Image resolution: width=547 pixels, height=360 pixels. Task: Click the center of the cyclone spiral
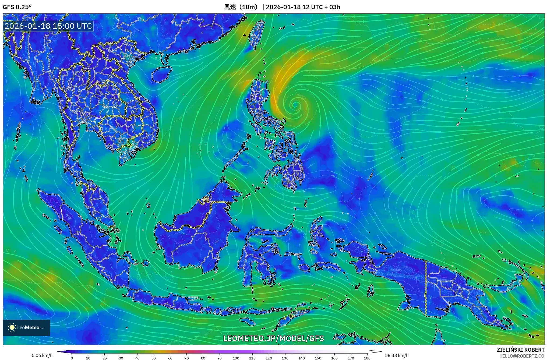click(x=295, y=105)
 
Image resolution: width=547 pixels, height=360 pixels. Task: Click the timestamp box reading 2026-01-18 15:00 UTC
click(x=48, y=26)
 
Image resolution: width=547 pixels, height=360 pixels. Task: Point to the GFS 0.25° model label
click(x=17, y=7)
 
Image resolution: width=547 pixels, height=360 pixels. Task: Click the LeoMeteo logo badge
click(x=26, y=327)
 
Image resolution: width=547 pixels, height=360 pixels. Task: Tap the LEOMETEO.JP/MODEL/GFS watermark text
click(x=273, y=338)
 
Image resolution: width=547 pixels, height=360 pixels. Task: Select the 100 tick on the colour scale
click(x=236, y=358)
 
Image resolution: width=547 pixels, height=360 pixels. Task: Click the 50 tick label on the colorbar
click(x=154, y=358)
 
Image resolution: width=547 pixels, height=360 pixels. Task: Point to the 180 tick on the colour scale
click(x=367, y=358)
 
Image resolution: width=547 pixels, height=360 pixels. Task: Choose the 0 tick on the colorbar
click(x=72, y=358)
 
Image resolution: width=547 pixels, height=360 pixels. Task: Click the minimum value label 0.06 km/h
click(x=42, y=355)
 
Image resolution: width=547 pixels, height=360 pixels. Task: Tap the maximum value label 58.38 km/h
click(x=397, y=355)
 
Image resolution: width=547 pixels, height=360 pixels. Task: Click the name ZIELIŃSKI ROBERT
click(x=520, y=350)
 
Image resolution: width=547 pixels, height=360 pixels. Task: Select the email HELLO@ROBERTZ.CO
click(x=522, y=356)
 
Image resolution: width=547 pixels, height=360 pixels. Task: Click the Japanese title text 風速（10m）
click(x=241, y=7)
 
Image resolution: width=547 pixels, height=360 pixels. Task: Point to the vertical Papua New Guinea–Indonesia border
click(x=426, y=288)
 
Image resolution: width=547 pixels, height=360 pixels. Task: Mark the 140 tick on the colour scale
click(x=302, y=358)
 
